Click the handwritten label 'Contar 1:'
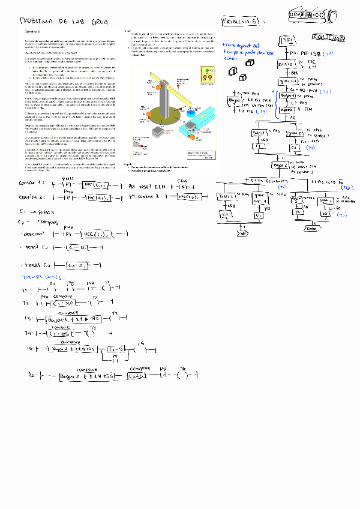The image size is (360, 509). point(31,182)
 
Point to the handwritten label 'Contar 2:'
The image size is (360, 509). point(32,197)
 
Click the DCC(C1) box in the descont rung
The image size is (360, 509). point(95,233)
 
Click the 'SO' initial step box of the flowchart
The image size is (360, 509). point(287,41)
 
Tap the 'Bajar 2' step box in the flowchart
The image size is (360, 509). point(280,164)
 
